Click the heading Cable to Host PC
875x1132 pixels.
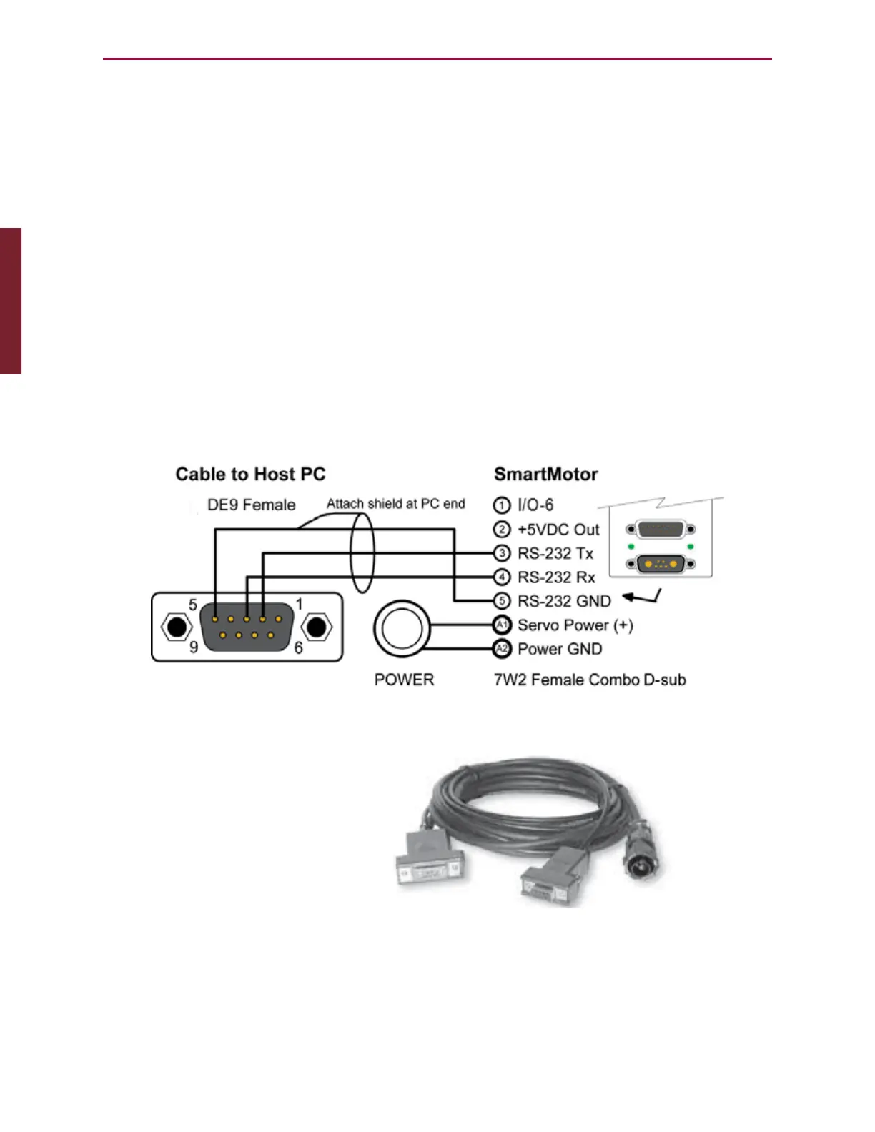250,475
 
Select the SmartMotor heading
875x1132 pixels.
545,475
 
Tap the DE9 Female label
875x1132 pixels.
251,505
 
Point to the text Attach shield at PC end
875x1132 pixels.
395,504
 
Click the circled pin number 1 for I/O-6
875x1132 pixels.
502,505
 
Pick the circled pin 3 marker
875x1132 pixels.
502,553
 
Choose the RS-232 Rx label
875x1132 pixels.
556,577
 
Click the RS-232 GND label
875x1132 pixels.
564,602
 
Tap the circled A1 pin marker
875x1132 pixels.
502,625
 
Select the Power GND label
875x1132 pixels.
560,650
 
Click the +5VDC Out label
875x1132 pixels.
558,530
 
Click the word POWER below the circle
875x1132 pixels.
404,680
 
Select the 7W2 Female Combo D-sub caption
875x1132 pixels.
590,680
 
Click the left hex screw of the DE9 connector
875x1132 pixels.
177,627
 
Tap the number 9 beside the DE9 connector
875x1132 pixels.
194,647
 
